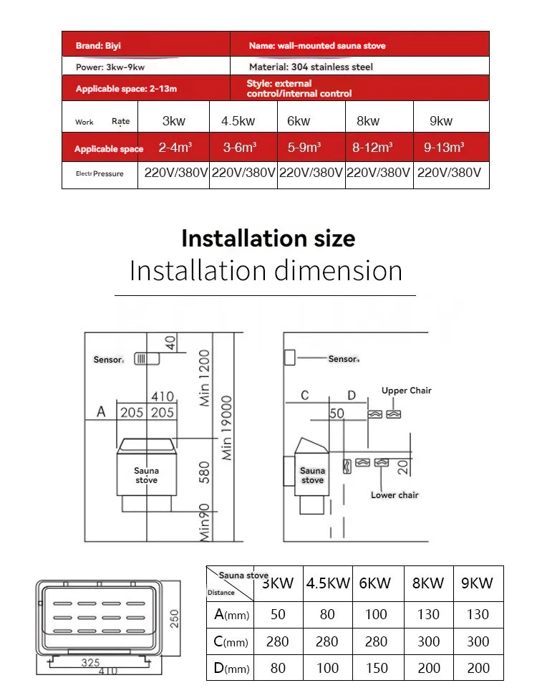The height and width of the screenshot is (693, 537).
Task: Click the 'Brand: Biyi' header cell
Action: pyautogui.click(x=99, y=46)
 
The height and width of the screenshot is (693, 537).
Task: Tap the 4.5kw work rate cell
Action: pyautogui.click(x=238, y=121)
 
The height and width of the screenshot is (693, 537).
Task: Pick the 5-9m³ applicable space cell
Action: pyautogui.click(x=304, y=148)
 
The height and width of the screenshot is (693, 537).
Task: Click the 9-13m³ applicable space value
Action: pyautogui.click(x=444, y=148)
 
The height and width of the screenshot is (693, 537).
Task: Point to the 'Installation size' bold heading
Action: pyautogui.click(x=268, y=238)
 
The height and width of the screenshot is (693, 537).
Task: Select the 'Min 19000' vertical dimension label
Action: pyautogui.click(x=227, y=428)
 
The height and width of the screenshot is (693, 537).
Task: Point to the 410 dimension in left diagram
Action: pyautogui.click(x=162, y=396)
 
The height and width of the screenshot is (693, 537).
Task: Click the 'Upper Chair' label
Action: pyautogui.click(x=406, y=391)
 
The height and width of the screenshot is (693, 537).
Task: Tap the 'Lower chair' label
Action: pyautogui.click(x=395, y=495)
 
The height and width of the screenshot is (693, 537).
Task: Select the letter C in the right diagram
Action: pyautogui.click(x=304, y=396)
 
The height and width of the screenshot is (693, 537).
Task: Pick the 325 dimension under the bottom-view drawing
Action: pyautogui.click(x=90, y=663)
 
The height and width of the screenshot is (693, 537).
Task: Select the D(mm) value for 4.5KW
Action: pyautogui.click(x=327, y=668)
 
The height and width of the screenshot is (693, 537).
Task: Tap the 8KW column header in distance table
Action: pyautogui.click(x=428, y=583)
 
